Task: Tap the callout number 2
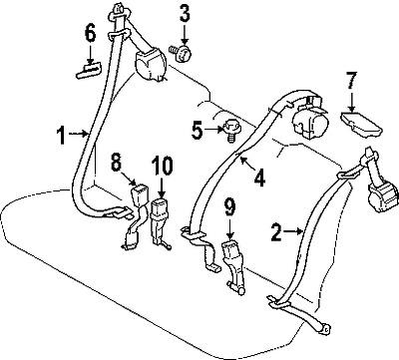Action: [x=275, y=233]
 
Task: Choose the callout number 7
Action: [x=350, y=79]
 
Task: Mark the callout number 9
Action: [x=229, y=209]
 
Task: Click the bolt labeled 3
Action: [x=182, y=50]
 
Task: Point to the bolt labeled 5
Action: [x=227, y=128]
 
